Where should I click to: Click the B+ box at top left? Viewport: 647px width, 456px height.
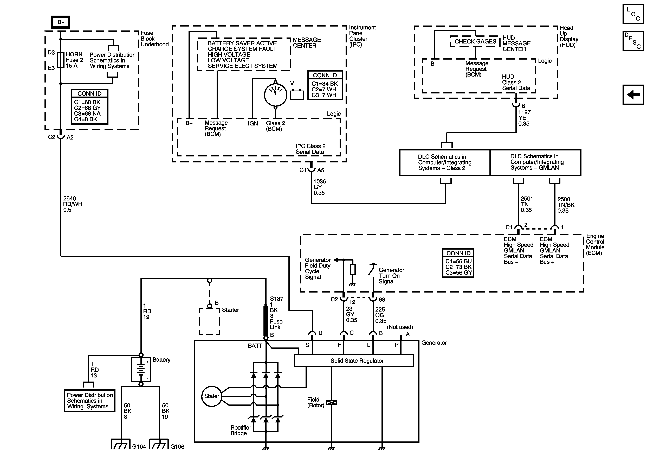pyautogui.click(x=61, y=22)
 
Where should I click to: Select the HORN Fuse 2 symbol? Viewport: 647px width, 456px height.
pyautogui.click(x=61, y=60)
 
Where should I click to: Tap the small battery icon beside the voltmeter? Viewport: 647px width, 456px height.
pyautogui.click(x=297, y=95)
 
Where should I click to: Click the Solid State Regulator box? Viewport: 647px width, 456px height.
pyautogui.click(x=354, y=361)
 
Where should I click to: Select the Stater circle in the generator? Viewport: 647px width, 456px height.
pyautogui.click(x=211, y=396)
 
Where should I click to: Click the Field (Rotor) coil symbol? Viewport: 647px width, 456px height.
pyautogui.click(x=331, y=402)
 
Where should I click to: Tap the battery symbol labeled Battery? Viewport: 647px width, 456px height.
pyautogui.click(x=141, y=369)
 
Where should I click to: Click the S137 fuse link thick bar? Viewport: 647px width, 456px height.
pyautogui.click(x=266, y=320)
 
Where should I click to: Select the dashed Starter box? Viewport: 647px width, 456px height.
pyautogui.click(x=209, y=321)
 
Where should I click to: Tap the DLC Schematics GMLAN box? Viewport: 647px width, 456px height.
pyautogui.click(x=535, y=162)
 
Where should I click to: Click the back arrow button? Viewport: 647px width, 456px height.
pyautogui.click(x=633, y=94)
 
